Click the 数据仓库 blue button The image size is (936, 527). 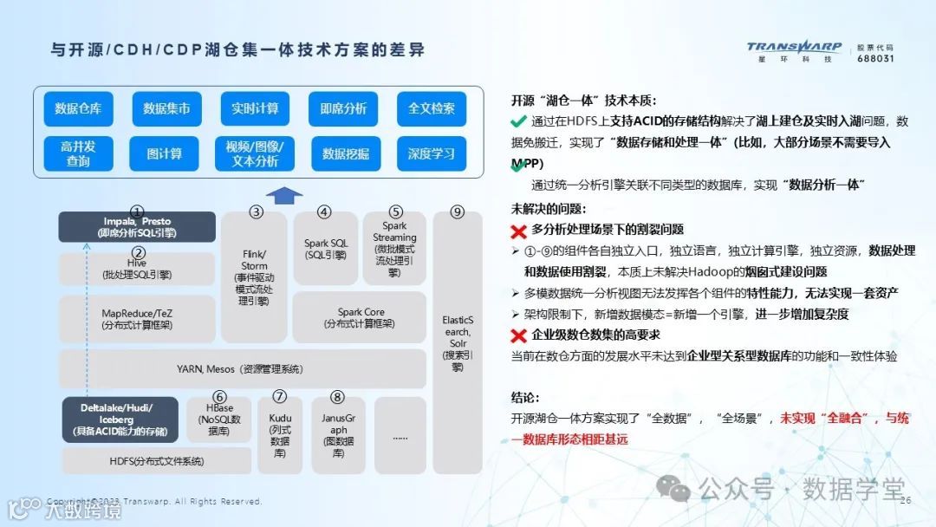pos(79,108)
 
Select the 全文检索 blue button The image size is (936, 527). pos(432,108)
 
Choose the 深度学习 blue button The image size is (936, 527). pos(432,153)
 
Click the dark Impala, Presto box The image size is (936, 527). pos(137,227)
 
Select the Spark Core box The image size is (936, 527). pos(360,317)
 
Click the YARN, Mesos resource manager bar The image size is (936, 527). pos(241,369)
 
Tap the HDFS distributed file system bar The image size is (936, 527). pos(157,461)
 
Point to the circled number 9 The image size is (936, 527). pos(458,211)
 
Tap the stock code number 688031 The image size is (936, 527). pos(874,59)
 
